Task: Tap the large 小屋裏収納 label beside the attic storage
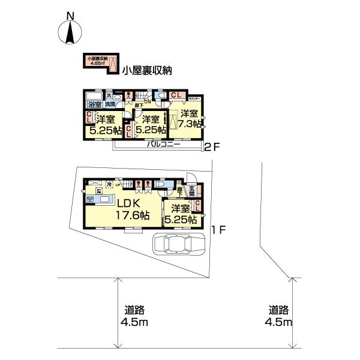coord(146,70)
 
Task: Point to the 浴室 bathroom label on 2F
coord(94,104)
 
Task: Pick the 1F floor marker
coord(217,229)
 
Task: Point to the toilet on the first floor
coord(170,186)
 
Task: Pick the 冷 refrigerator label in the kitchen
coord(109,185)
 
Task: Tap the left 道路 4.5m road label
coord(135,316)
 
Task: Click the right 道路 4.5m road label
coord(279,316)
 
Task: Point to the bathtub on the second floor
coord(94,96)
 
